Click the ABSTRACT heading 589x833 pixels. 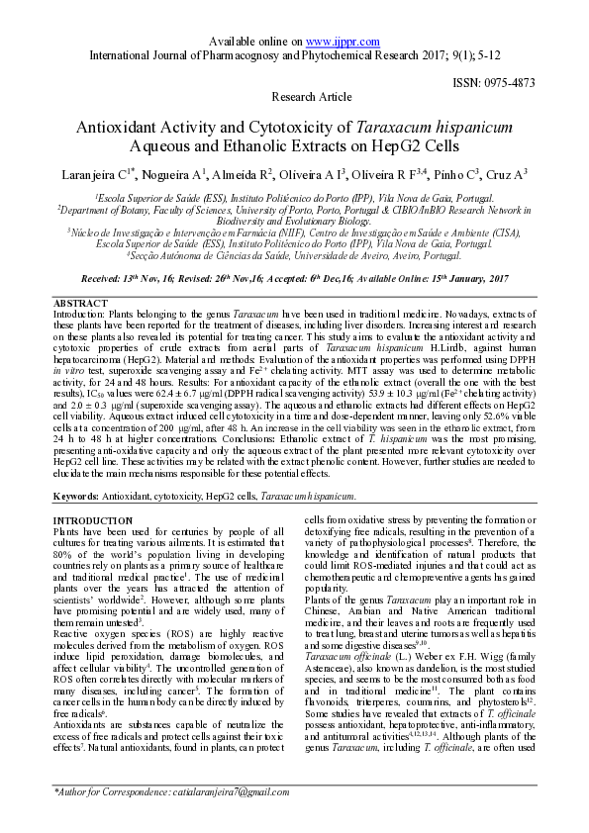click(80, 302)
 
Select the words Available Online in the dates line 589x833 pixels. click(406, 280)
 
